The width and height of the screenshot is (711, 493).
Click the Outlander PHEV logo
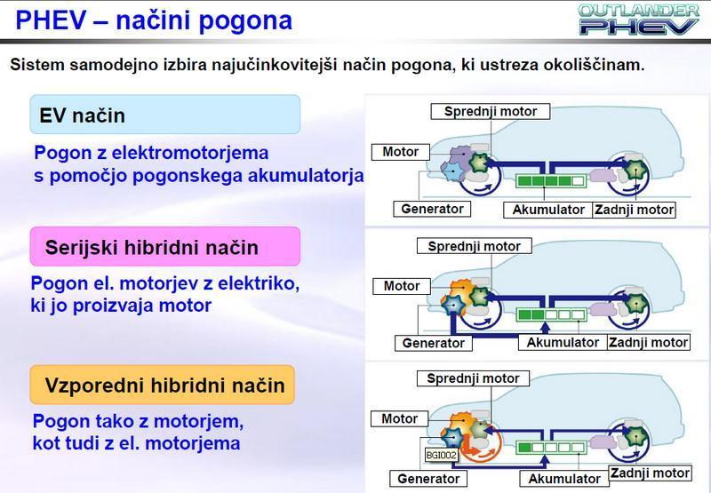(637, 19)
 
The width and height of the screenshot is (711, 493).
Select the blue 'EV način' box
(164, 115)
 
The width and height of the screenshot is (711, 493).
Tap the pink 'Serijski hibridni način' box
(164, 246)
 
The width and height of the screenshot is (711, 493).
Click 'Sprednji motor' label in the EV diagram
(490, 111)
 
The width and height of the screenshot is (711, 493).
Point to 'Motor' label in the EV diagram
(400, 152)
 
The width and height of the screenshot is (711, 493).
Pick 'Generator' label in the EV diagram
(431, 210)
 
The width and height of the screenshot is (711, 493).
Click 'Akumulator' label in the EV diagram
(548, 211)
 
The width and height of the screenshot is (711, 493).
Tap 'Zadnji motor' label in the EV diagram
(635, 211)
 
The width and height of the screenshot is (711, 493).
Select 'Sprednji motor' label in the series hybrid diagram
(474, 246)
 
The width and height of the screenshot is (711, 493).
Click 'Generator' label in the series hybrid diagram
(433, 343)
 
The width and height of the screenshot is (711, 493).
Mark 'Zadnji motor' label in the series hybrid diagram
(648, 342)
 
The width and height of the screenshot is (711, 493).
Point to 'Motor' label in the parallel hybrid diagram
(399, 418)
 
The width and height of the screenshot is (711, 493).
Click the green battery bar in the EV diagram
(551, 182)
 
